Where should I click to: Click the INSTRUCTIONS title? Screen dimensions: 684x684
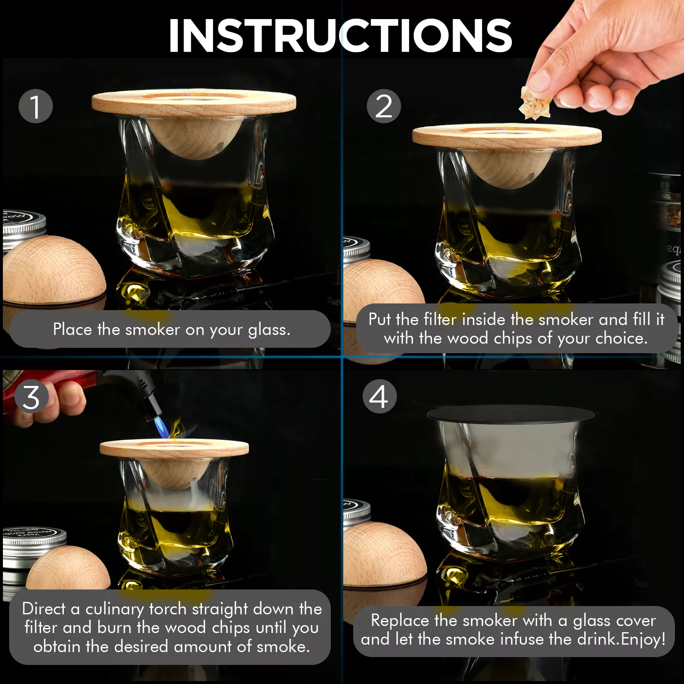point(340,36)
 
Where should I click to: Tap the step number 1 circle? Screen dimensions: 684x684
point(36,106)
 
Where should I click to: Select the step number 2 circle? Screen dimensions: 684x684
point(384,106)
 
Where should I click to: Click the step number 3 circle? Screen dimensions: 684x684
point(32,397)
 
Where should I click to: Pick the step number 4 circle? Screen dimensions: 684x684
point(380,396)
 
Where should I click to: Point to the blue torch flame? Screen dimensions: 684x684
point(162,427)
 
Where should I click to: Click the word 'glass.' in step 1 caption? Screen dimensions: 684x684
point(269,330)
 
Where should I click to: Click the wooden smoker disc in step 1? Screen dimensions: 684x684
point(194,102)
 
